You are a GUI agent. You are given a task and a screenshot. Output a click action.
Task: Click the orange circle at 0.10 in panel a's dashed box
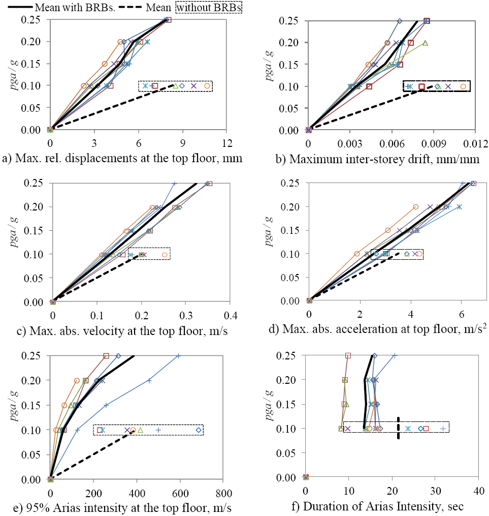click(x=207, y=86)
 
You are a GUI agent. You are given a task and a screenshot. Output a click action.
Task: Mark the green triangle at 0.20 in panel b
click(x=425, y=43)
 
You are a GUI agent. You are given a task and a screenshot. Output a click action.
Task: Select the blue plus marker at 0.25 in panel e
click(x=178, y=356)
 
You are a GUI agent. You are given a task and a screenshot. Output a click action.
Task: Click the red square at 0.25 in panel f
click(x=348, y=356)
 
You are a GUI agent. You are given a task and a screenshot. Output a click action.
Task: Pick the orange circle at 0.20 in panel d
click(x=416, y=207)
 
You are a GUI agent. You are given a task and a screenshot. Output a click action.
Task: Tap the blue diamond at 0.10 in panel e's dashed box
click(x=199, y=431)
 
